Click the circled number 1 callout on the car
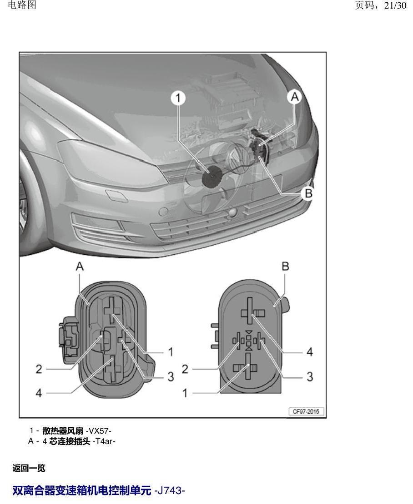click(x=178, y=98)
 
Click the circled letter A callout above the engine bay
click(x=295, y=96)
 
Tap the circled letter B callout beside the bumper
click(x=308, y=193)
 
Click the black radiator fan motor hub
click(x=212, y=176)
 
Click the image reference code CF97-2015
click(x=306, y=411)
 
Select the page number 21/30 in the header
click(x=396, y=5)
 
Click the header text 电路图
click(x=21, y=5)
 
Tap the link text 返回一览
click(x=29, y=468)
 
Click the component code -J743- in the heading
click(x=170, y=491)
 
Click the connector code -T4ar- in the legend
click(x=104, y=441)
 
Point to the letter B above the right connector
click(x=285, y=266)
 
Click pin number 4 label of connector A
click(x=39, y=393)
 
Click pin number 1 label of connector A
click(x=171, y=352)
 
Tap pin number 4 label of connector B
click(x=309, y=352)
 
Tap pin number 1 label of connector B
click(x=185, y=393)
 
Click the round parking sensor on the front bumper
click(x=164, y=212)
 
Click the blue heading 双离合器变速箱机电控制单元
click(x=82, y=491)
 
